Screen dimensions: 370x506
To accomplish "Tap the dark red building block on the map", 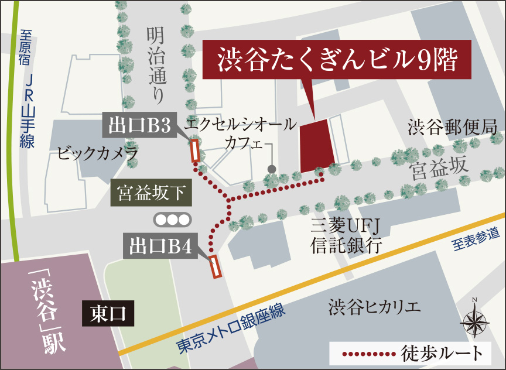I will coord(317,146).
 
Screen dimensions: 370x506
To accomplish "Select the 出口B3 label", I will coord(139,125).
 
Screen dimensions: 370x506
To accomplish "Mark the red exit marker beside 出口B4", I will coord(215,266).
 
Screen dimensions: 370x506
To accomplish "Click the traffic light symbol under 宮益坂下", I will coord(172,220).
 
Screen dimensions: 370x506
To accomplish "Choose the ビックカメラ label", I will coord(98,154).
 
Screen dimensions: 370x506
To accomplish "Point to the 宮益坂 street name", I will coord(440,169).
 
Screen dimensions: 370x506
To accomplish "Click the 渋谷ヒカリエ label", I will coord(375,306).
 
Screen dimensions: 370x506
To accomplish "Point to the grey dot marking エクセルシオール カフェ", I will coord(271,169).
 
